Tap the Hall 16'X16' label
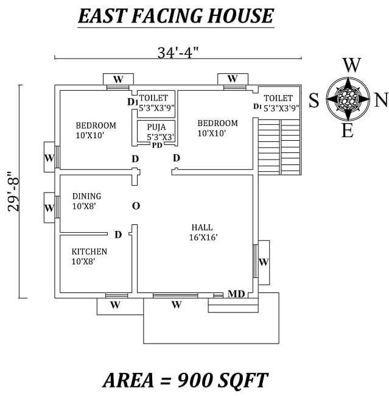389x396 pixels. pos(203,232)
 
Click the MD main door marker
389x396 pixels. pos(236,294)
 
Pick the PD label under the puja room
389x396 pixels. pos(157,145)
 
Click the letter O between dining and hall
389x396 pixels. pos(136,206)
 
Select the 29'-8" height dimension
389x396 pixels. pos(14,191)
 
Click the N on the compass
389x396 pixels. pos(380,100)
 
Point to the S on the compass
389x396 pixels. pos(314,100)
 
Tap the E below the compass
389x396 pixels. pos(348,130)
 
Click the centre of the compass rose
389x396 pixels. pos(348,99)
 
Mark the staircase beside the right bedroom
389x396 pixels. pos(279,147)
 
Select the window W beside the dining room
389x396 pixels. pos(49,208)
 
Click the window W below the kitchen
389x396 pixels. pos(115,305)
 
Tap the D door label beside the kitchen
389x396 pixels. pos(118,235)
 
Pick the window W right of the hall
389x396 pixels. pos(264,263)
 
